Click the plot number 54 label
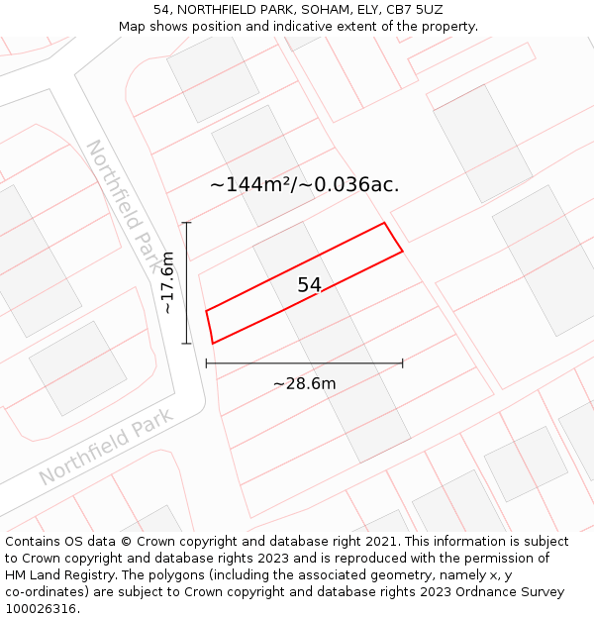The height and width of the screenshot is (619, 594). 310,285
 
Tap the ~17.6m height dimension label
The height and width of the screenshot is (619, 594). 167,283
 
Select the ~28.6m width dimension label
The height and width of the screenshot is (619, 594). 304,384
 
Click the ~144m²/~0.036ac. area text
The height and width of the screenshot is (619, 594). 304,184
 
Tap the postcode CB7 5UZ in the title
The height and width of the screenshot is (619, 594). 415,9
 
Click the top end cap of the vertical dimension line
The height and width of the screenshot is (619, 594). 186,223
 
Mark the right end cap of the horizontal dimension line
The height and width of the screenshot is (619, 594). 402,363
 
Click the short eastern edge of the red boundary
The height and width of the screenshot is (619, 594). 393,238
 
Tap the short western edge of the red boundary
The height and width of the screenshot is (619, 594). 209,328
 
